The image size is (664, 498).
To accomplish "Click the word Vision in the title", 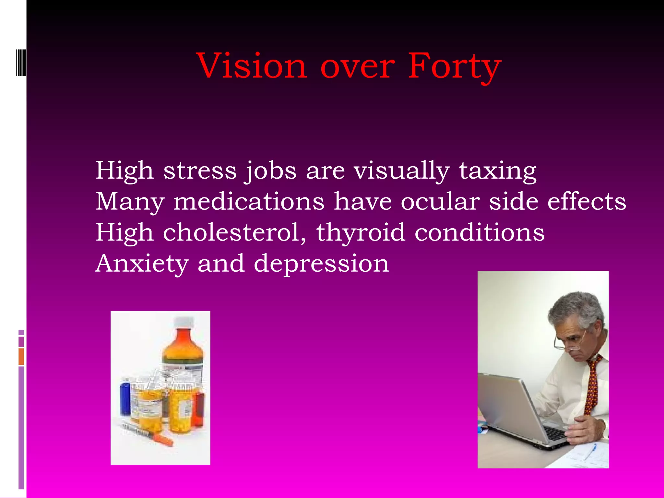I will (x=252, y=66).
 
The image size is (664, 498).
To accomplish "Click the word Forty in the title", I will (x=454, y=66).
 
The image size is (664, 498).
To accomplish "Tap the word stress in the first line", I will (x=200, y=171).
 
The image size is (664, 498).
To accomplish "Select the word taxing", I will (x=498, y=171).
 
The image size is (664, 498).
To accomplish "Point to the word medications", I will (x=249, y=202).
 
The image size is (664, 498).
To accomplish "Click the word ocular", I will (x=440, y=202).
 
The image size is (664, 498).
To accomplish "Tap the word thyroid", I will (x=361, y=232).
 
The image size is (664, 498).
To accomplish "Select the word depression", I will (x=321, y=263).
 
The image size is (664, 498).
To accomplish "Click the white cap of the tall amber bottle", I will (x=184, y=322).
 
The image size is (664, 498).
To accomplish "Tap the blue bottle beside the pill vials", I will (x=125, y=399).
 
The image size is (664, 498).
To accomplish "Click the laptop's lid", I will (x=509, y=405).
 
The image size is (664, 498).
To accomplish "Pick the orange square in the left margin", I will (x=21, y=357).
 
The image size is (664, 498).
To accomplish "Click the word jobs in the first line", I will (x=270, y=171).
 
